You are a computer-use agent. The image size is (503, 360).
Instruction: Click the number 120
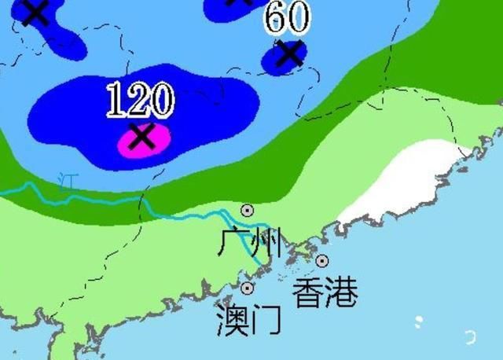(140, 100)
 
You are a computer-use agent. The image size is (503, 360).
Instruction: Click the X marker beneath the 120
(141, 136)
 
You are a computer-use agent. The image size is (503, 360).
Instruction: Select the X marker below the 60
(289, 53)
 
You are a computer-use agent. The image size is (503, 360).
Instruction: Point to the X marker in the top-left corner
(35, 11)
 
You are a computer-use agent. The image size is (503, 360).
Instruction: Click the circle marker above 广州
(247, 210)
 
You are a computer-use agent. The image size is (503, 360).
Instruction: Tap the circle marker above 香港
(322, 261)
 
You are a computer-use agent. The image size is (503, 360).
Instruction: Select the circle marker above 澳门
(248, 288)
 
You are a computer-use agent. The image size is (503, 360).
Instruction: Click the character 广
(233, 243)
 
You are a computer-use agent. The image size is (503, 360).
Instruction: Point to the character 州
(266, 243)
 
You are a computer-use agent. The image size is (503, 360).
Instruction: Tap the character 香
(307, 292)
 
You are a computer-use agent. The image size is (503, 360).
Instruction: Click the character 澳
(232, 321)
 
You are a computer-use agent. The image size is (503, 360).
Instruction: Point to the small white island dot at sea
(419, 321)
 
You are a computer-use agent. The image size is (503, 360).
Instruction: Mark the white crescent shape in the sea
(471, 336)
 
